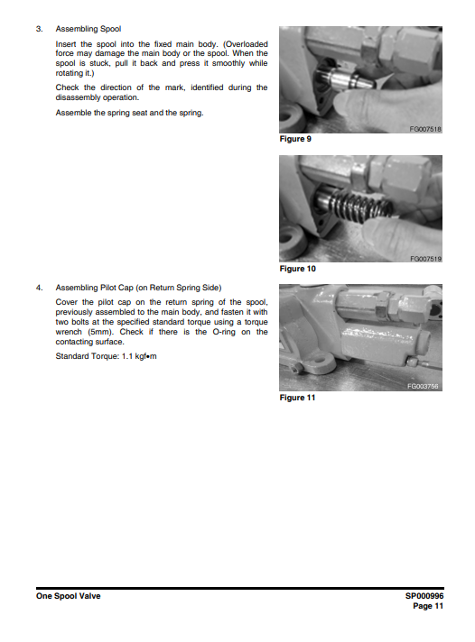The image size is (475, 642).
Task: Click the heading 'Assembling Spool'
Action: (x=88, y=29)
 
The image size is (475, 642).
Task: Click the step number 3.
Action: (x=38, y=29)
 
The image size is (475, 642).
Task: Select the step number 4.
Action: (x=38, y=288)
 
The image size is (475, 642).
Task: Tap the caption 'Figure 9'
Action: (x=297, y=139)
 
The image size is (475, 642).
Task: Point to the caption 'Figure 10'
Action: (x=299, y=268)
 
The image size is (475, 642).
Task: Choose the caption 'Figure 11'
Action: (x=299, y=398)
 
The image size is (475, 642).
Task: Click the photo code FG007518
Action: (x=425, y=130)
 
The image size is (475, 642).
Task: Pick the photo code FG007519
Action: (x=425, y=259)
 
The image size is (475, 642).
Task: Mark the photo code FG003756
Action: (x=423, y=386)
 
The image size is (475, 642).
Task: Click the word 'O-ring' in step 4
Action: (x=207, y=332)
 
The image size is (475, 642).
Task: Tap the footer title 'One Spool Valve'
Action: (x=69, y=596)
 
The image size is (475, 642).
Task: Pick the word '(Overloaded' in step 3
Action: (x=242, y=43)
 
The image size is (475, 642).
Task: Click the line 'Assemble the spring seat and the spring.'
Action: (x=129, y=113)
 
